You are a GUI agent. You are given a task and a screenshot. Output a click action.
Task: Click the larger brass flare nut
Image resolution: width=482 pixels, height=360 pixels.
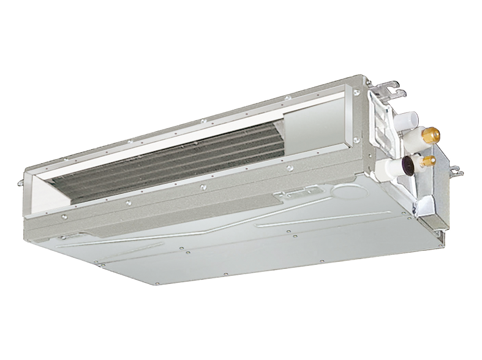pyautogui.click(x=432, y=136)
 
